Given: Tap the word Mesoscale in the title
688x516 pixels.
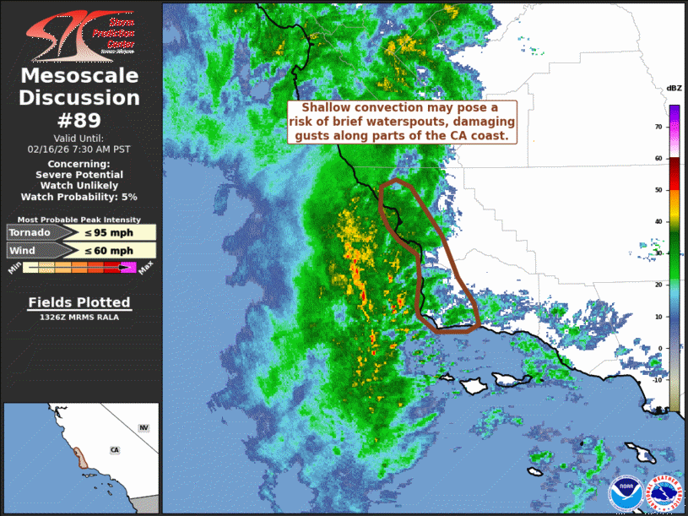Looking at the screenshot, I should (79, 76).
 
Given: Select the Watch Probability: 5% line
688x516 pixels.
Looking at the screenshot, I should (79, 196).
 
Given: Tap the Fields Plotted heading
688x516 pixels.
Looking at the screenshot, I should (79, 302).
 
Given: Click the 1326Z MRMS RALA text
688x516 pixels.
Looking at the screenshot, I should (79, 318).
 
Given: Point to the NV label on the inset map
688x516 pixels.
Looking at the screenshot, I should (144, 429).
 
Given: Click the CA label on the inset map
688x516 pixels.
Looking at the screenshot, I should (114, 450).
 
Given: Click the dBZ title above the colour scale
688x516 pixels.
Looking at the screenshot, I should (674, 88).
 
